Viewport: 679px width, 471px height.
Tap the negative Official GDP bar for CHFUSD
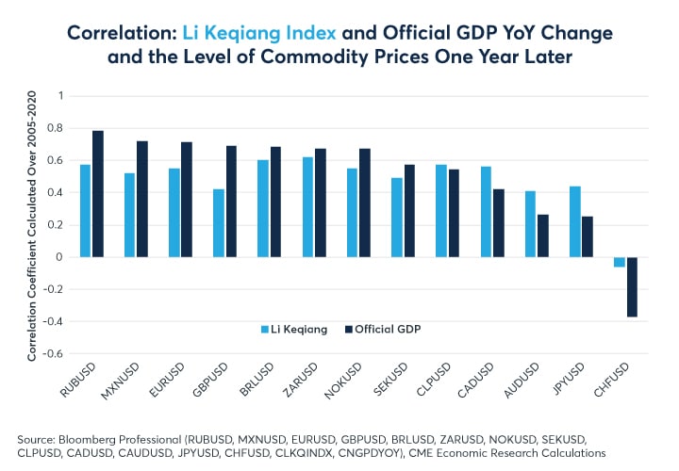tap(631, 287)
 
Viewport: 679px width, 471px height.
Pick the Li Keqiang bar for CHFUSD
tap(620, 262)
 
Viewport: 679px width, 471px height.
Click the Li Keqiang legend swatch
tap(265, 328)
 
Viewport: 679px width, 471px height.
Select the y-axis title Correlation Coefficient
tap(31, 226)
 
